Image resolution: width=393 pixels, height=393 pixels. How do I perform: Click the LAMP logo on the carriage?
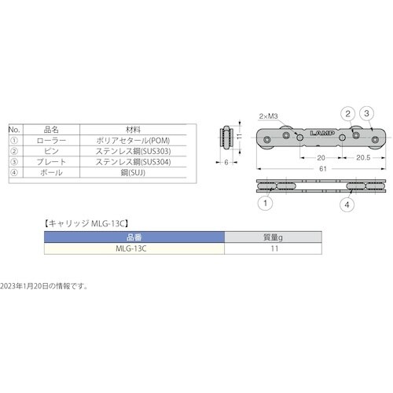click(x=322, y=134)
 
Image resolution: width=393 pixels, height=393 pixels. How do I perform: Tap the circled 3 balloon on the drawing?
click(x=366, y=113)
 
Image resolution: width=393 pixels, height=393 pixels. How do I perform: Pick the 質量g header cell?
click(x=274, y=236)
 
